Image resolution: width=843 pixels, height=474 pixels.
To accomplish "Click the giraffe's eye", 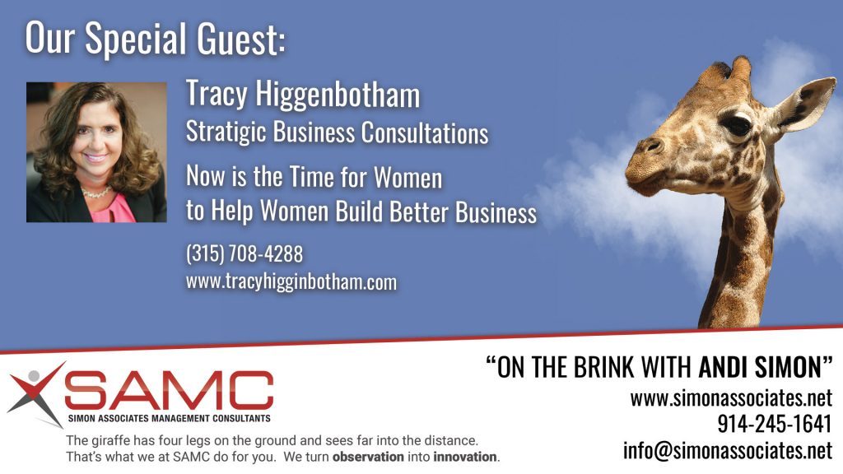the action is pos(736,125).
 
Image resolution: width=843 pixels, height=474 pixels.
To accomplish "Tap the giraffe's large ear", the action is pos(804,105).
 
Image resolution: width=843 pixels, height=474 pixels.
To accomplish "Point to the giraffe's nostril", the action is pos(653,145).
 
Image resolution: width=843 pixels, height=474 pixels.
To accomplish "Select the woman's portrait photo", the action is pos(96,152).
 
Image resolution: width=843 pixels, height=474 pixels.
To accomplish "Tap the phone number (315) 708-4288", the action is pos(244,253).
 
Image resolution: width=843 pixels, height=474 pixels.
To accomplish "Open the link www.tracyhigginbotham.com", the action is pos(291,282).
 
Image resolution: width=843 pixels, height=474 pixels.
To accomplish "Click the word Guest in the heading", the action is pos(241,39).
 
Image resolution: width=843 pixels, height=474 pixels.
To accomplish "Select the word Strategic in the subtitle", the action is pos(226,132).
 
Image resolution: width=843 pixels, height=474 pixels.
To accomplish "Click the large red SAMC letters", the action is pos(170,390).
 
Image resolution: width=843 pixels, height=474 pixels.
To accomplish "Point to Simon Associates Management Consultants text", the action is pos(169,418).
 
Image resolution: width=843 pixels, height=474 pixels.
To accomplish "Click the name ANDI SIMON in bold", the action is pos(760,368).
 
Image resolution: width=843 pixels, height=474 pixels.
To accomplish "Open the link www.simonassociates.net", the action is pos(731,398).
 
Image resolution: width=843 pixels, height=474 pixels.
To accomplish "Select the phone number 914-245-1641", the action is pos(775,424).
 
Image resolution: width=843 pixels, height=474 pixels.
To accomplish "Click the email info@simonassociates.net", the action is pos(728,450).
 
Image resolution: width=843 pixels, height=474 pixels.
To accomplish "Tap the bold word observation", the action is pos(368,458).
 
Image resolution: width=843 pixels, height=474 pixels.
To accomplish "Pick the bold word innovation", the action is pos(465,458).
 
